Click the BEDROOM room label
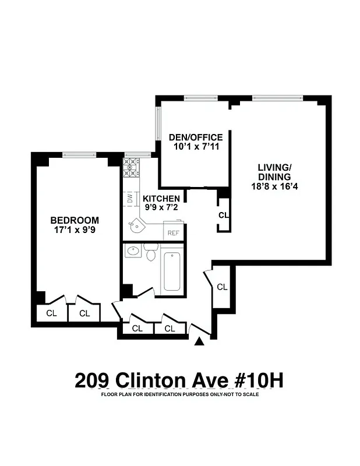(75, 220)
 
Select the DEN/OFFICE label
(196, 137)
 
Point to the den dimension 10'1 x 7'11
(196, 147)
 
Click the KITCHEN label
(161, 199)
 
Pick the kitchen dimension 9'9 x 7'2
(161, 208)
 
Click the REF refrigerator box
(173, 232)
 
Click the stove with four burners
(130, 167)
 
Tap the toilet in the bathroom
(150, 253)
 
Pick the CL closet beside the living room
(224, 215)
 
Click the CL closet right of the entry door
(222, 287)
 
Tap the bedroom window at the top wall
(80, 155)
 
